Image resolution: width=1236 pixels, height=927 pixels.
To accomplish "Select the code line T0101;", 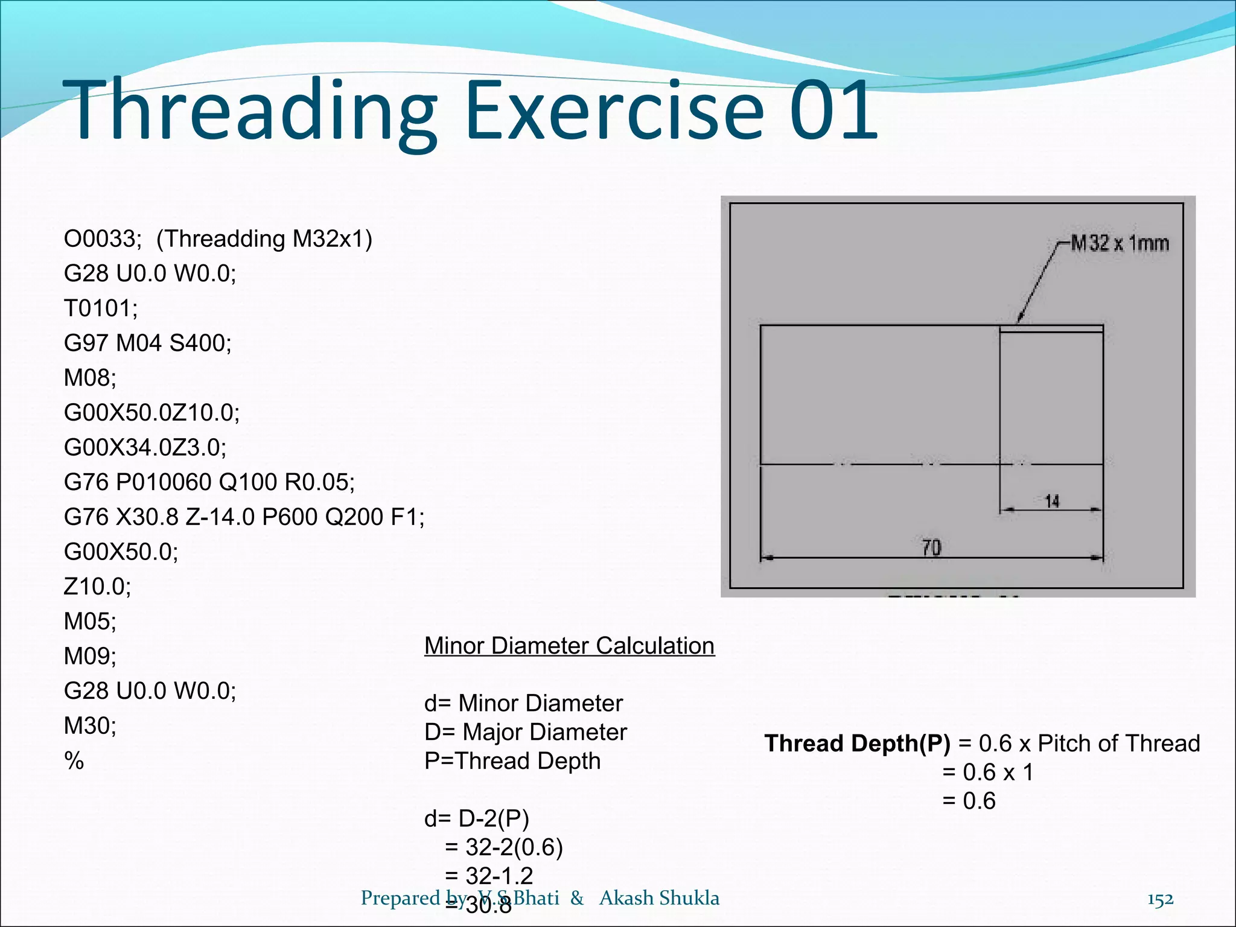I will tap(101, 308).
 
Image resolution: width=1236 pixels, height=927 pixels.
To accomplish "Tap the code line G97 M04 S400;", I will tap(147, 343).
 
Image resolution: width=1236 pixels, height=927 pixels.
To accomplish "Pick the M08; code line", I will tap(90, 378).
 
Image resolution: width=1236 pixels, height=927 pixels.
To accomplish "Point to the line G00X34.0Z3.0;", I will tap(145, 447).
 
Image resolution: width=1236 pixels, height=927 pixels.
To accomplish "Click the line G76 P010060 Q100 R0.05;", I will tap(209, 482).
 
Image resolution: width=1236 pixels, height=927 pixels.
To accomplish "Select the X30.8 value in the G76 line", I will tap(147, 517).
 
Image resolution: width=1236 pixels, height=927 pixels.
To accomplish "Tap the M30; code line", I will tap(90, 725).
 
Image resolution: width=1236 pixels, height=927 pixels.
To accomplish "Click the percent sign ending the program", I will tap(74, 760).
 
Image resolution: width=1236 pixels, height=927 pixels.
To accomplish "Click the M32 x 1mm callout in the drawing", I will tap(1120, 243).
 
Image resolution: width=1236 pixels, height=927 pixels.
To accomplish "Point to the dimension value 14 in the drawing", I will tap(1052, 502).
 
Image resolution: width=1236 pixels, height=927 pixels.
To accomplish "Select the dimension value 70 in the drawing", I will tap(931, 548).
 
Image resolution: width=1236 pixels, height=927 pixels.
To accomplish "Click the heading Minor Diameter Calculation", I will tap(569, 646).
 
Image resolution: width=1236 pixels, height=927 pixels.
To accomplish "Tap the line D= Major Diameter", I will tap(525, 732).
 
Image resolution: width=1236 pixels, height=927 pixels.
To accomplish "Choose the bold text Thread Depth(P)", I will tap(857, 744).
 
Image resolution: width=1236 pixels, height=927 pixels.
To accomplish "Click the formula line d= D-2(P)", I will tap(476, 818).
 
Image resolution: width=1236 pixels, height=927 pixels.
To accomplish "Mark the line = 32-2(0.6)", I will tap(503, 847).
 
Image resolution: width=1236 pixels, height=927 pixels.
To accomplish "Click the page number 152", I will tap(1160, 899).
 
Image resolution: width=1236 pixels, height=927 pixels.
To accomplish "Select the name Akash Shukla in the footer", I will tap(659, 898).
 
